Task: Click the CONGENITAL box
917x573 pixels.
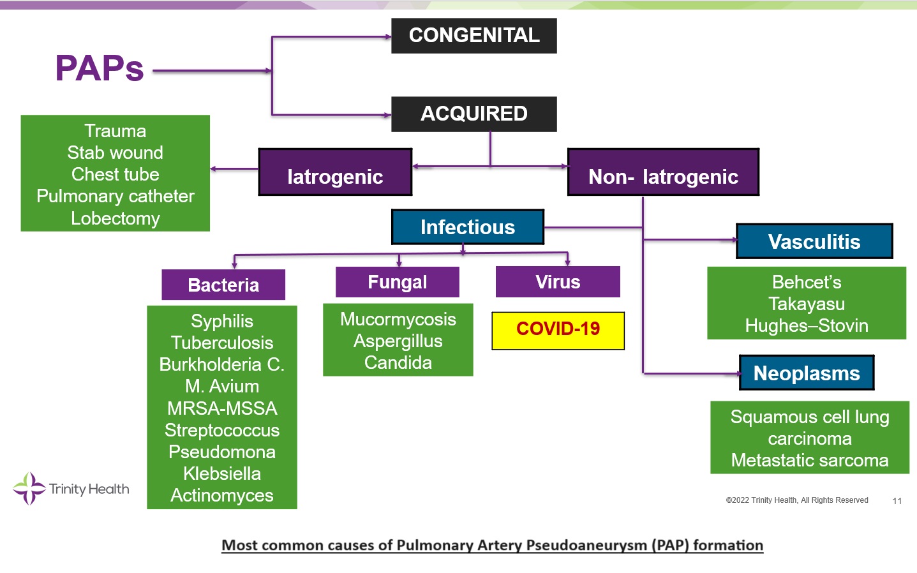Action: click(x=473, y=35)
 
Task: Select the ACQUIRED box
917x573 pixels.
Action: click(x=473, y=114)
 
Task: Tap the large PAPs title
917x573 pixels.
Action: click(x=100, y=68)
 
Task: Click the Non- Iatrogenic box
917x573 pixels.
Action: click(x=663, y=172)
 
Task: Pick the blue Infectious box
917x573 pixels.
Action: click(x=467, y=227)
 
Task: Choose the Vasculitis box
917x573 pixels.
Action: click(x=814, y=241)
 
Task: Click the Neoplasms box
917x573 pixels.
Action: click(x=807, y=373)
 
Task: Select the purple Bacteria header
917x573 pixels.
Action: click(x=223, y=285)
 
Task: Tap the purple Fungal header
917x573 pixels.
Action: click(x=397, y=282)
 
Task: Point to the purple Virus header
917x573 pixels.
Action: click(x=558, y=282)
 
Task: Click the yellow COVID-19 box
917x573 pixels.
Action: click(x=558, y=329)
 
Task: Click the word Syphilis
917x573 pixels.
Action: click(x=222, y=321)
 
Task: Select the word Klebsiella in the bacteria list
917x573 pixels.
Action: click(x=222, y=473)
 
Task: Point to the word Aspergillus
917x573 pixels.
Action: click(x=398, y=341)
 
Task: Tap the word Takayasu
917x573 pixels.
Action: click(x=807, y=304)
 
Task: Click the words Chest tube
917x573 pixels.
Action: click(x=115, y=174)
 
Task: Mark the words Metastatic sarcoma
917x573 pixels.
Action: click(x=809, y=460)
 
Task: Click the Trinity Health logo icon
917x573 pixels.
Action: click(x=29, y=489)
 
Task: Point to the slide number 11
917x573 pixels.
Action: click(x=897, y=501)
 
